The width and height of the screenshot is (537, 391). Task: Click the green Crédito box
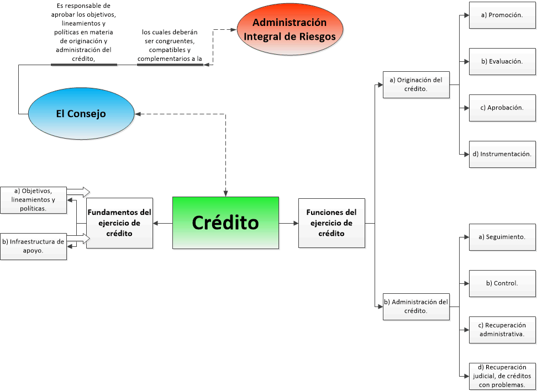225,223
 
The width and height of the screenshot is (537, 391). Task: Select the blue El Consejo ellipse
81,114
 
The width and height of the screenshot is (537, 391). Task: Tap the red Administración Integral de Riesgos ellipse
289,30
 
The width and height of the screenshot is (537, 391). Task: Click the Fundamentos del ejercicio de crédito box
119,223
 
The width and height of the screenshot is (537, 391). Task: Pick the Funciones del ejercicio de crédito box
331,223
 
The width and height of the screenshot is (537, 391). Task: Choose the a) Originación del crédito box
416,84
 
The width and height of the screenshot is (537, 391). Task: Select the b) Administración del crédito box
416,306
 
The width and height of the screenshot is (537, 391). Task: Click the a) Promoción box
502,15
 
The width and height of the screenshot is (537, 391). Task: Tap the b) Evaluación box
502,61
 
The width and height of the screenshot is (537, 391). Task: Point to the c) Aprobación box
502,108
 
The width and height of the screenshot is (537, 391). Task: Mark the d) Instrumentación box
502,154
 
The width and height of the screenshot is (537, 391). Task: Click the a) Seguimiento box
502,237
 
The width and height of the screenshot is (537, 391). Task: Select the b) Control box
502,283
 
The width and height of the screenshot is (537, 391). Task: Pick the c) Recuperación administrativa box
502,330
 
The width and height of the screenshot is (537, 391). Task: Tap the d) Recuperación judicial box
502,376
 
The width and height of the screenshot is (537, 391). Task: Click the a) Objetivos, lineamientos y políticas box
33,200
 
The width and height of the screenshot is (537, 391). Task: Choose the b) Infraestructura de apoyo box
33,246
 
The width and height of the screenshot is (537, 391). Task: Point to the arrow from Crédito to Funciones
288,223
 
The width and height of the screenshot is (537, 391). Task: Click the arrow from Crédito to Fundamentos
162,223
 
